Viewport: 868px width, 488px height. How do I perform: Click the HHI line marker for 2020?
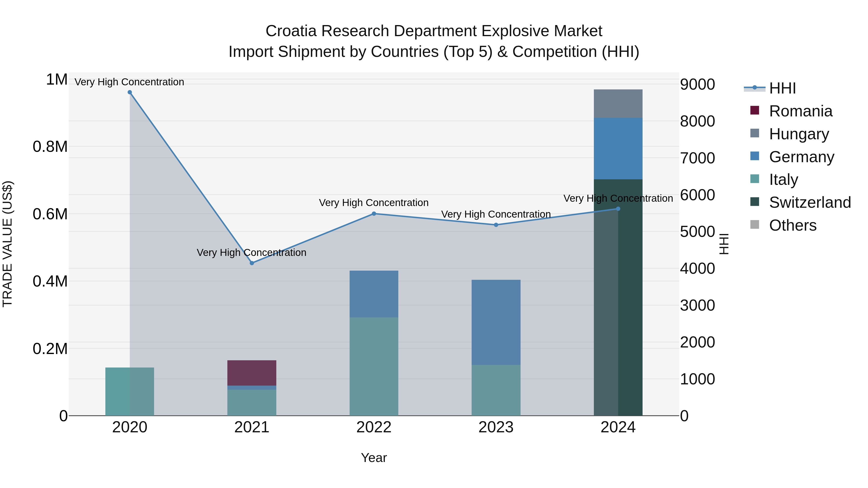(130, 92)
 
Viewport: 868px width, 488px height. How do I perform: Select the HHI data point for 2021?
(252, 263)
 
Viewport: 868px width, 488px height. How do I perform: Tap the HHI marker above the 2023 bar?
(496, 225)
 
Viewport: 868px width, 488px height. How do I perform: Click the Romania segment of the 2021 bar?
(252, 373)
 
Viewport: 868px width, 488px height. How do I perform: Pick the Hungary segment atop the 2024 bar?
(618, 103)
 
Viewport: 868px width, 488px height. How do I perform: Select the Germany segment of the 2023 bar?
(496, 322)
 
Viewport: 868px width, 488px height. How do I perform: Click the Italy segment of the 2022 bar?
(374, 366)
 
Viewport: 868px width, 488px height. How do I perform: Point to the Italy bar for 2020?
(130, 391)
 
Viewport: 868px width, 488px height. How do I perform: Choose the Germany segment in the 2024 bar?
(618, 148)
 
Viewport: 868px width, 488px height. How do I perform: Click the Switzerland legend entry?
(810, 202)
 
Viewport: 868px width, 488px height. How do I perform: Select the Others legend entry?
(793, 225)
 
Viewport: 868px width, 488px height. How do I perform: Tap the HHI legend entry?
(782, 88)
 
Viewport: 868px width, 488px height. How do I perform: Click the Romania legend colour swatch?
(754, 110)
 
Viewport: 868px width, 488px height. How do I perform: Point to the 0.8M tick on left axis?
(50, 147)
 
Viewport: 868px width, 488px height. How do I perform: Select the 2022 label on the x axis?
(374, 427)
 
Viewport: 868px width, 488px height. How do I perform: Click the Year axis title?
(374, 458)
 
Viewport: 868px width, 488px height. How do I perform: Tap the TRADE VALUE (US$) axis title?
(7, 244)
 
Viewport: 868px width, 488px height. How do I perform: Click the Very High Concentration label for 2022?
(374, 203)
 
